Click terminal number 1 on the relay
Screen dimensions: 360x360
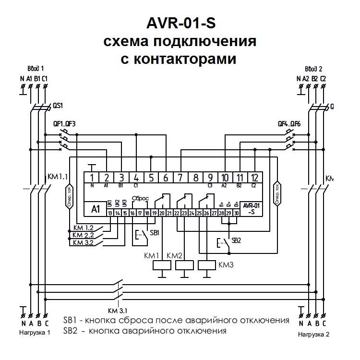click(92, 178)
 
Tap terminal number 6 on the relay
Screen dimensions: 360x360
click(166, 178)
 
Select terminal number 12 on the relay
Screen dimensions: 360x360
click(255, 178)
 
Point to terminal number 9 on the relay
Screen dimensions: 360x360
click(210, 178)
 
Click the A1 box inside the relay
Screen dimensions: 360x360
click(95, 209)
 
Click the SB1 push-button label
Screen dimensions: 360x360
click(155, 232)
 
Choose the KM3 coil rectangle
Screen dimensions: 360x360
click(206, 265)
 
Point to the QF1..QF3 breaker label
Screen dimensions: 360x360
click(64, 123)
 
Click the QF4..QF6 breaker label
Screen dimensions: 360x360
click(289, 123)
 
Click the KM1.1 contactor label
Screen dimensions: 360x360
click(58, 177)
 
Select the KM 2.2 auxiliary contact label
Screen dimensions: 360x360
click(83, 235)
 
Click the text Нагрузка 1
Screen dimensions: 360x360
click(35, 332)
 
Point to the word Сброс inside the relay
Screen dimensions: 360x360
click(141, 198)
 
